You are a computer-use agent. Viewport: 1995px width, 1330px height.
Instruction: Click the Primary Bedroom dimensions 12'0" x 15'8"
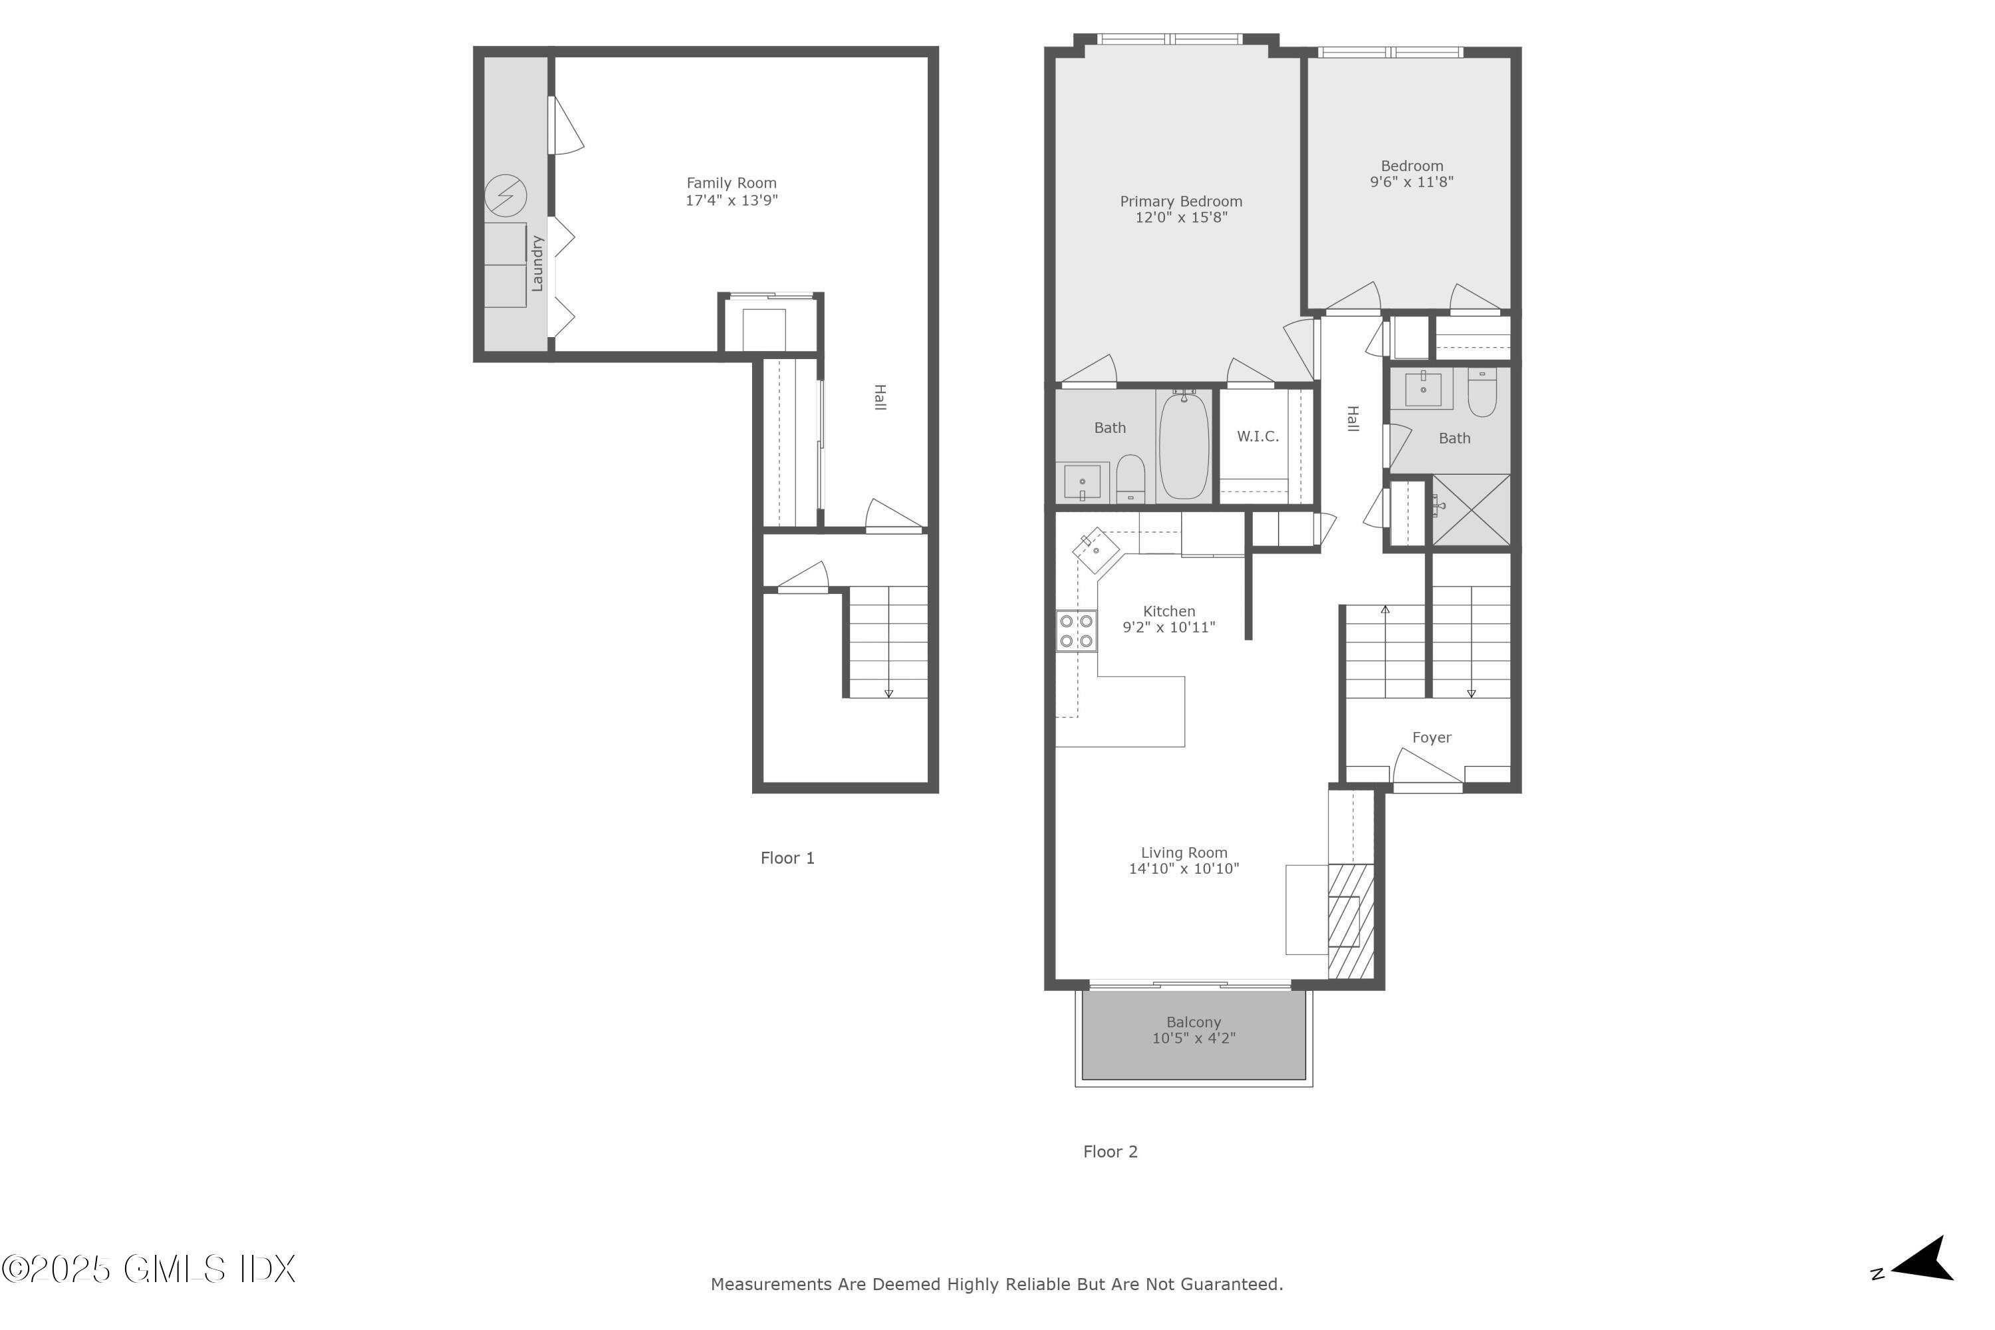(1181, 217)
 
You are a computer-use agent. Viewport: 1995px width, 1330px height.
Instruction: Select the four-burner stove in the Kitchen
(1075, 632)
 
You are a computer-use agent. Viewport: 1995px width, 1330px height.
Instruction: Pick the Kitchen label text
(1169, 610)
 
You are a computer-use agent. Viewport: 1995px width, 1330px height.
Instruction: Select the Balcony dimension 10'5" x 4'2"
(1194, 1038)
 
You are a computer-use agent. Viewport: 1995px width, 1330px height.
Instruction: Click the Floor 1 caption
(787, 859)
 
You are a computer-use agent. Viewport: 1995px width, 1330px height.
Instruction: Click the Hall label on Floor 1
(880, 397)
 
